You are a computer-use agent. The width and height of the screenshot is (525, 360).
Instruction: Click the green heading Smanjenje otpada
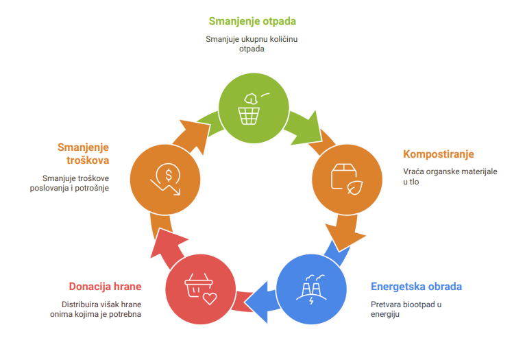252,21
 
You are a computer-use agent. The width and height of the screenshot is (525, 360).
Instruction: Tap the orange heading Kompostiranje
438,154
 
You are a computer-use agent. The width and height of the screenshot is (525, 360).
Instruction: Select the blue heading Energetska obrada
416,287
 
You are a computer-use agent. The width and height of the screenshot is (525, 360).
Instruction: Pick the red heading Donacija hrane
105,287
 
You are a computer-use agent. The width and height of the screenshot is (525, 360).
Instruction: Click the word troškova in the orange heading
88,160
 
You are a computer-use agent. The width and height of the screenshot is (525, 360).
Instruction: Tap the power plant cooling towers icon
311,289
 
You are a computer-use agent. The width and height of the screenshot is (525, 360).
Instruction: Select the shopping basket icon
198,285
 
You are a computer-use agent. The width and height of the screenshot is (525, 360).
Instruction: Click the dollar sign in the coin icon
169,175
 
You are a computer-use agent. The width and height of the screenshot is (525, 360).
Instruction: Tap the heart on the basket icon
210,298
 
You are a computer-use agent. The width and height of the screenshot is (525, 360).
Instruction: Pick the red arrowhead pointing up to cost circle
167,242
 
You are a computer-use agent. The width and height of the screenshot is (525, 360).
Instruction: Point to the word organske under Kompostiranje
442,172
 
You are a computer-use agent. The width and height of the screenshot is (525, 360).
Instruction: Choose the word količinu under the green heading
284,40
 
